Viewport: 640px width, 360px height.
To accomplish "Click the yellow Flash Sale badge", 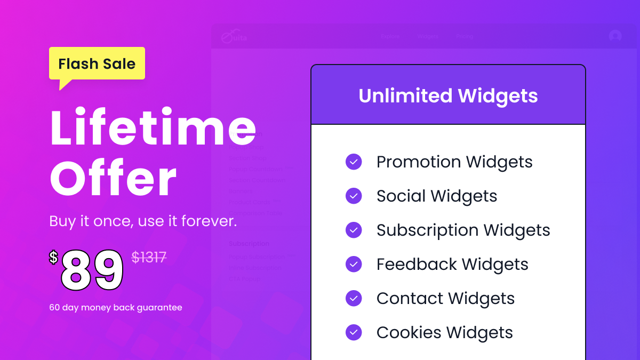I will click(97, 64).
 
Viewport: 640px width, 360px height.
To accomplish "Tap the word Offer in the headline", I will click(113, 179).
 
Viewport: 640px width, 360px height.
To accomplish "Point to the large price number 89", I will click(92, 270).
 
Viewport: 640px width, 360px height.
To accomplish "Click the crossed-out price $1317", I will click(149, 258).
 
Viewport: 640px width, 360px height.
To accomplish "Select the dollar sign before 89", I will click(53, 258).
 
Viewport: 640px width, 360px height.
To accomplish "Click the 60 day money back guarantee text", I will click(116, 308).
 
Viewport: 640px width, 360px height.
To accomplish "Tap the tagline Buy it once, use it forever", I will click(143, 221).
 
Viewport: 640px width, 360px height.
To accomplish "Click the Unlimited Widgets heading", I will click(448, 96).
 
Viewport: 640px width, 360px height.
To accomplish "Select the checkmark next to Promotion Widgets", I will click(354, 162).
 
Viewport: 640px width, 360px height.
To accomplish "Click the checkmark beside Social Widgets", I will click(354, 196).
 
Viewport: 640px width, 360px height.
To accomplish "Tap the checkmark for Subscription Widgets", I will click(354, 230).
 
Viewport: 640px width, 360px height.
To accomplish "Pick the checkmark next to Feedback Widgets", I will click(354, 265).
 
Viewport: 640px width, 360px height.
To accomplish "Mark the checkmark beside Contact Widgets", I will click(354, 299).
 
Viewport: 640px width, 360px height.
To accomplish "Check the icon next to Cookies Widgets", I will click(354, 333).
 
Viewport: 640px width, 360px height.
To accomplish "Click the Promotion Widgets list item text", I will click(454, 162).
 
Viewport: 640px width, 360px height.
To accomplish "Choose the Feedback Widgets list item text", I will click(452, 265).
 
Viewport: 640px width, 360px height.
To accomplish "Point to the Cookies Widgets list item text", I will click(445, 333).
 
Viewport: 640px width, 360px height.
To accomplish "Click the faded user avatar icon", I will click(615, 36).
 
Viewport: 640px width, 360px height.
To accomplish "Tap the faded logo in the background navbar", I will click(234, 37).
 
